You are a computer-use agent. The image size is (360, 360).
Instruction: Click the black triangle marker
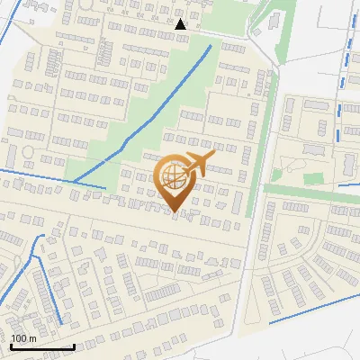coord(181,24)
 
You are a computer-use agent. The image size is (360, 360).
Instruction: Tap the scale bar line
coord(41,347)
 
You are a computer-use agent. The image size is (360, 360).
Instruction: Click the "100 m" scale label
coord(23,338)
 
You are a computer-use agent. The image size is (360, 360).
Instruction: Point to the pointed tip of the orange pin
coord(175,213)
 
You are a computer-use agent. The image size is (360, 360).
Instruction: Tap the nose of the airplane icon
coord(213,157)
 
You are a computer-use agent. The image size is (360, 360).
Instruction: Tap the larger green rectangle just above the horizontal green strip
coord(312,178)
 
